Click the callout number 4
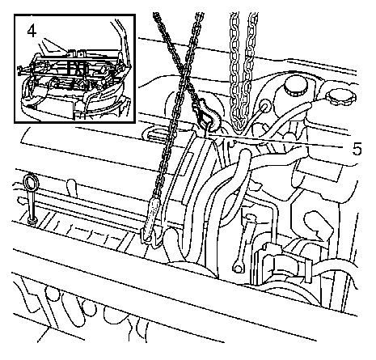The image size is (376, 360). [x=32, y=32]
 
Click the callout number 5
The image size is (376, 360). [x=357, y=149]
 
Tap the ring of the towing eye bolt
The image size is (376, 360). [x=31, y=183]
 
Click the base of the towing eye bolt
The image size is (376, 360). [x=33, y=222]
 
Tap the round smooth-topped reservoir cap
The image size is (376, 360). [x=296, y=86]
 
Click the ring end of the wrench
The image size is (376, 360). [x=238, y=269]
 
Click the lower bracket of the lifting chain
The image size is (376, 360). [x=151, y=237]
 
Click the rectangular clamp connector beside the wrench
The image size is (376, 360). [x=282, y=265]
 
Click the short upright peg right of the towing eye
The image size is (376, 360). [x=72, y=188]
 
